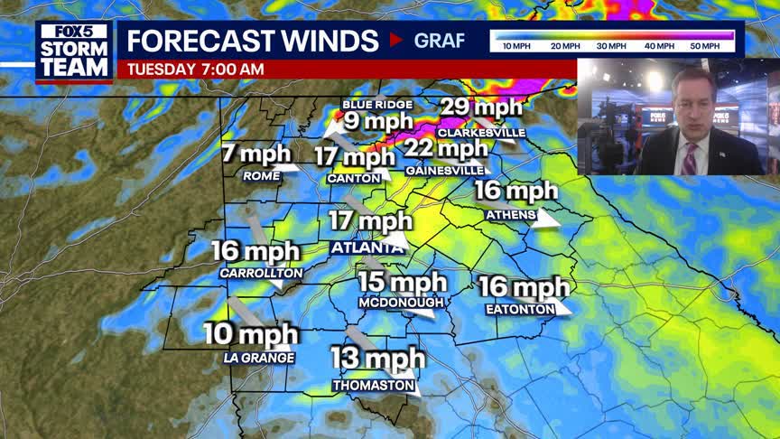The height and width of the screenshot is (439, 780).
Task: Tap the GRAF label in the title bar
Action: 440,41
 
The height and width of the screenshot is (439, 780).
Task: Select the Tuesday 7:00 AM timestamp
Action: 196,69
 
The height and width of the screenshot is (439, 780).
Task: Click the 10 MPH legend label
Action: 516,45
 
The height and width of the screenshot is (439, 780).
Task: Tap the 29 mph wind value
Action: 481,107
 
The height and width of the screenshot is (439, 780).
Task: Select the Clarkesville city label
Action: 480,132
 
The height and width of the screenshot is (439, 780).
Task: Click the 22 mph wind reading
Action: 445,147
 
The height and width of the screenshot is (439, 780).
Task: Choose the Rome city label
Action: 262,175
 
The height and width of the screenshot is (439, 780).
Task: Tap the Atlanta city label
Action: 367,248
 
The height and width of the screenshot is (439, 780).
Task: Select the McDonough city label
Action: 401,302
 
